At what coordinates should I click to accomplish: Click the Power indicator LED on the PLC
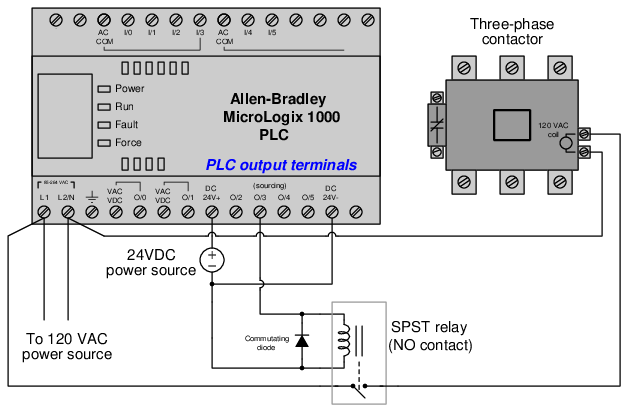(103, 89)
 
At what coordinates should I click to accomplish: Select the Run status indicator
(103, 106)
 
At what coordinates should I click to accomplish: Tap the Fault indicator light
(103, 124)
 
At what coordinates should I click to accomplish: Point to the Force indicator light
(103, 142)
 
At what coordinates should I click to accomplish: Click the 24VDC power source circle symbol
(212, 260)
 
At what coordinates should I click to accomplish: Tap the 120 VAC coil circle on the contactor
(566, 142)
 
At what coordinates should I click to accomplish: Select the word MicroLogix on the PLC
(264, 118)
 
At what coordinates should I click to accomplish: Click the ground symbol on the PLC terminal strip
(92, 198)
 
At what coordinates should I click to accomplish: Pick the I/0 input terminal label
(127, 33)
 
